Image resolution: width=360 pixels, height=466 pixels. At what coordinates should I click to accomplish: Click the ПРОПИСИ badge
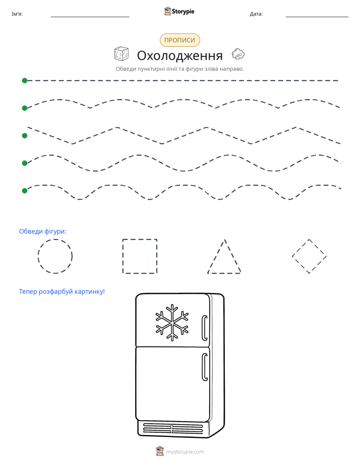(179, 40)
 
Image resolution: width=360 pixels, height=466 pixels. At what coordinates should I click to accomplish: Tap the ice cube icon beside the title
(121, 54)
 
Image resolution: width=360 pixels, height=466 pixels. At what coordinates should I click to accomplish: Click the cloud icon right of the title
(238, 54)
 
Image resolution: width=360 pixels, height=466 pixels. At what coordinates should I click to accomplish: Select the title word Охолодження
(179, 55)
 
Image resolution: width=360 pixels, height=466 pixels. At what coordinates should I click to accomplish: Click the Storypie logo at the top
(179, 11)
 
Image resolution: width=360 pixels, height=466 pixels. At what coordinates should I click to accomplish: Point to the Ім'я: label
(17, 14)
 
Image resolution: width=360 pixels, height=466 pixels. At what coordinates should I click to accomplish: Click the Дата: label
(256, 14)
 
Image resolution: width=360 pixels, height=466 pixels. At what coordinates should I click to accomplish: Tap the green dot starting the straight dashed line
(25, 81)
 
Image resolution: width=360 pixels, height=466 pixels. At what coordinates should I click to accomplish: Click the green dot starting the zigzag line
(25, 136)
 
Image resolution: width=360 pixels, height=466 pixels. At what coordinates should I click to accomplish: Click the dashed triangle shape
(216, 256)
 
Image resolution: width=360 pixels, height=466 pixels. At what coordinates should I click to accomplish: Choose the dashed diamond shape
(301, 248)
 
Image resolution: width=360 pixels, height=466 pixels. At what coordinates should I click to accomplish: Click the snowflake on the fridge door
(172, 322)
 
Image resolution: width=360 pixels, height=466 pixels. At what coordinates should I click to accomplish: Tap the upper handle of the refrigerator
(205, 327)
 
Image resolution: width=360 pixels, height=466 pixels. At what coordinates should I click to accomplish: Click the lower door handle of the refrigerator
(205, 367)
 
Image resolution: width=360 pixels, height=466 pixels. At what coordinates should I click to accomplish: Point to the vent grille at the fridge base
(173, 428)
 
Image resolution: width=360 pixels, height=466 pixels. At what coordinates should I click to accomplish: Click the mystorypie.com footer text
(185, 452)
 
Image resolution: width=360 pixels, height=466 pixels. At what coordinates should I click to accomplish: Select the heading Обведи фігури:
(43, 231)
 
